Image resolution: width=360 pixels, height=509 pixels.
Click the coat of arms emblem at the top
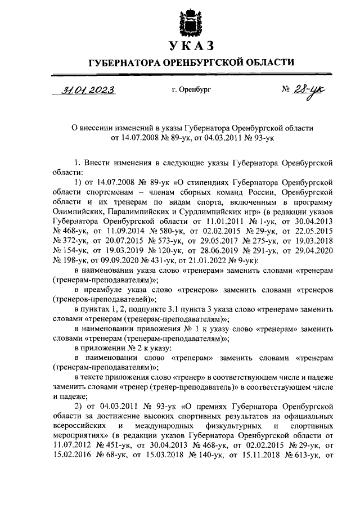coord(189,22)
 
